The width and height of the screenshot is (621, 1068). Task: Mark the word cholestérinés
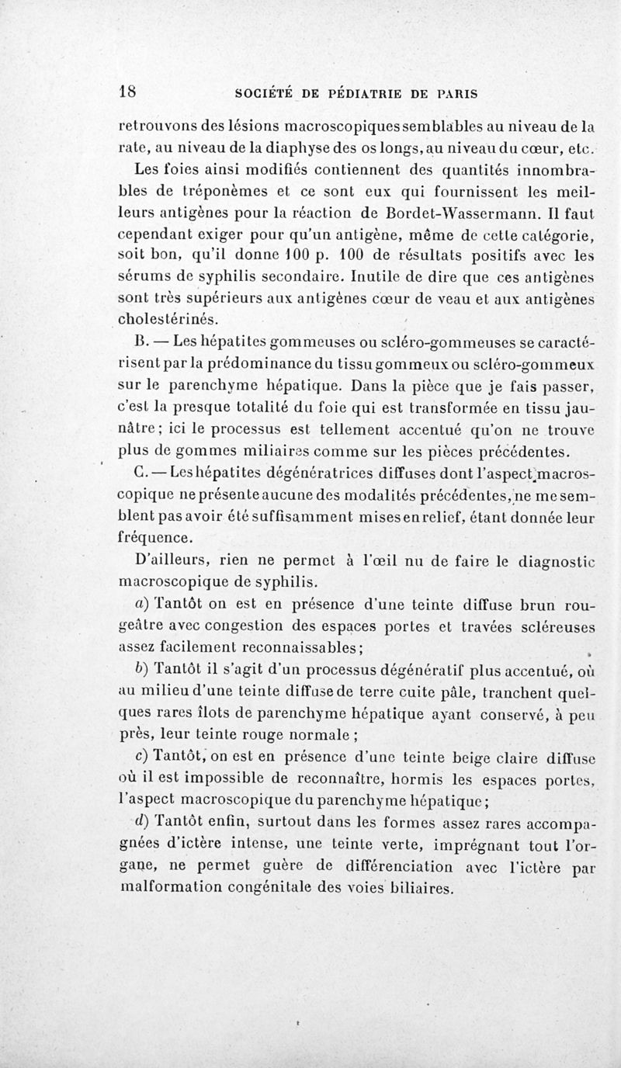[x=168, y=318]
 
